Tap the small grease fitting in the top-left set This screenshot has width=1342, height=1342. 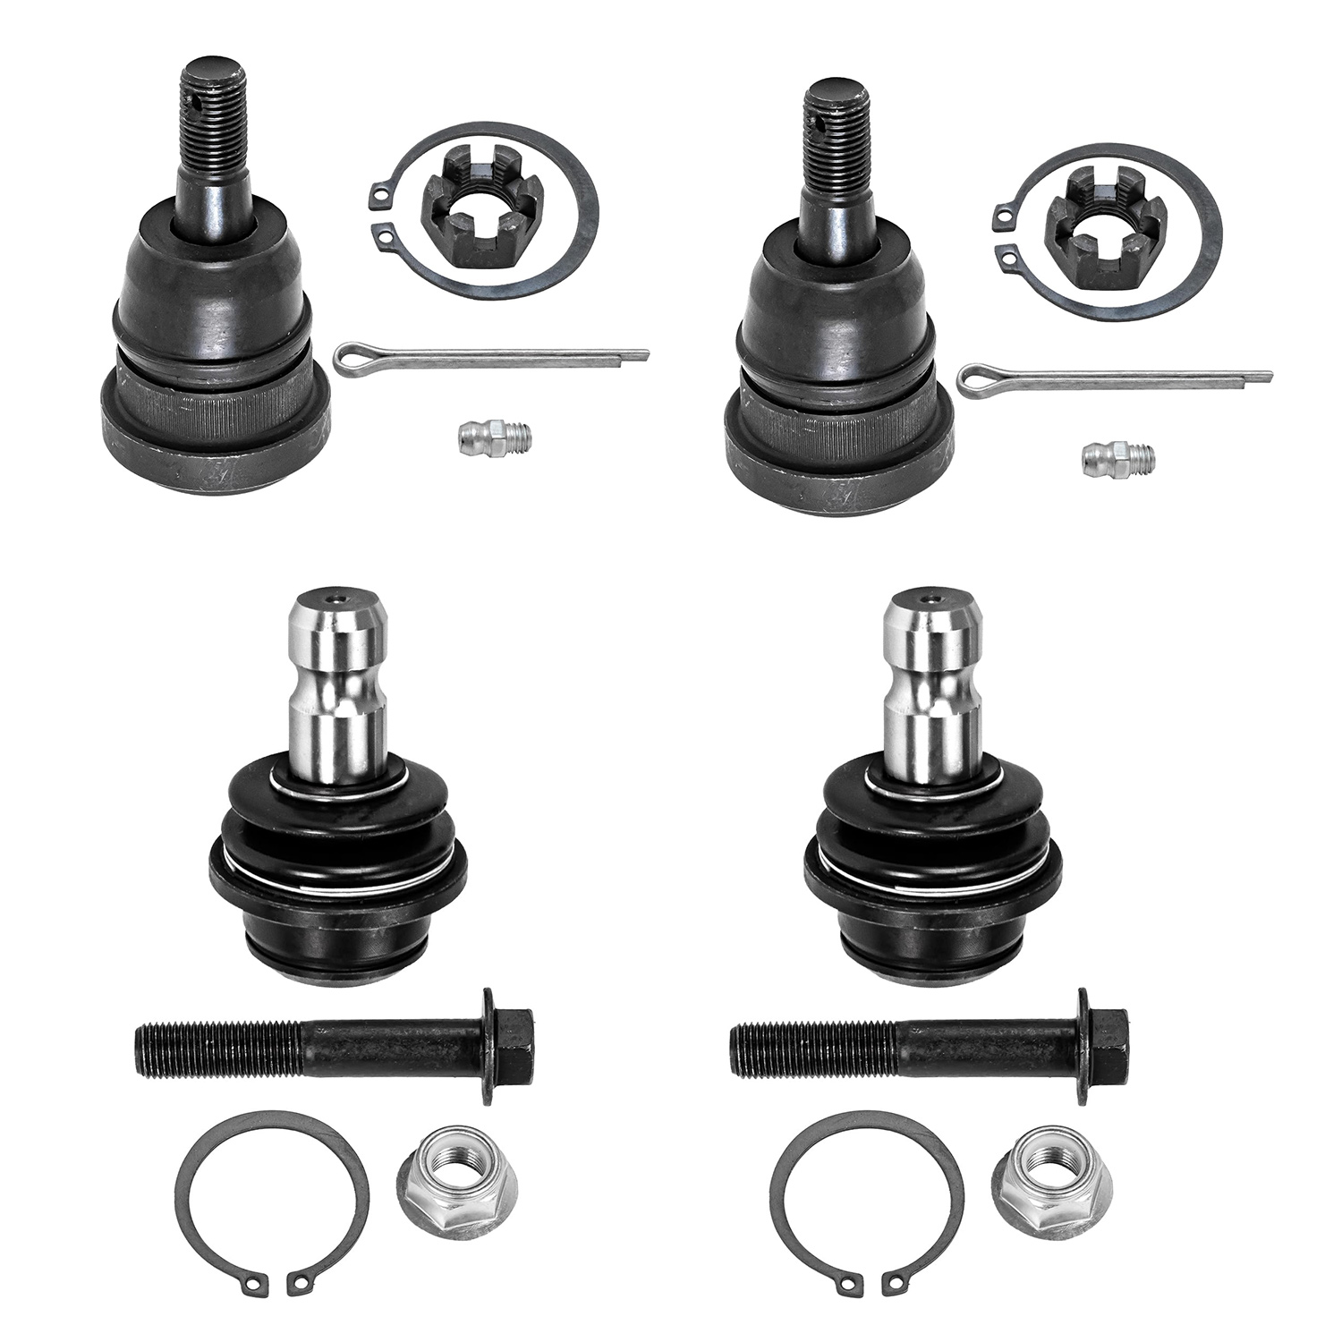(x=491, y=437)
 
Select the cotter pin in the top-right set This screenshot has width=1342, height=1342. (x=1114, y=377)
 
